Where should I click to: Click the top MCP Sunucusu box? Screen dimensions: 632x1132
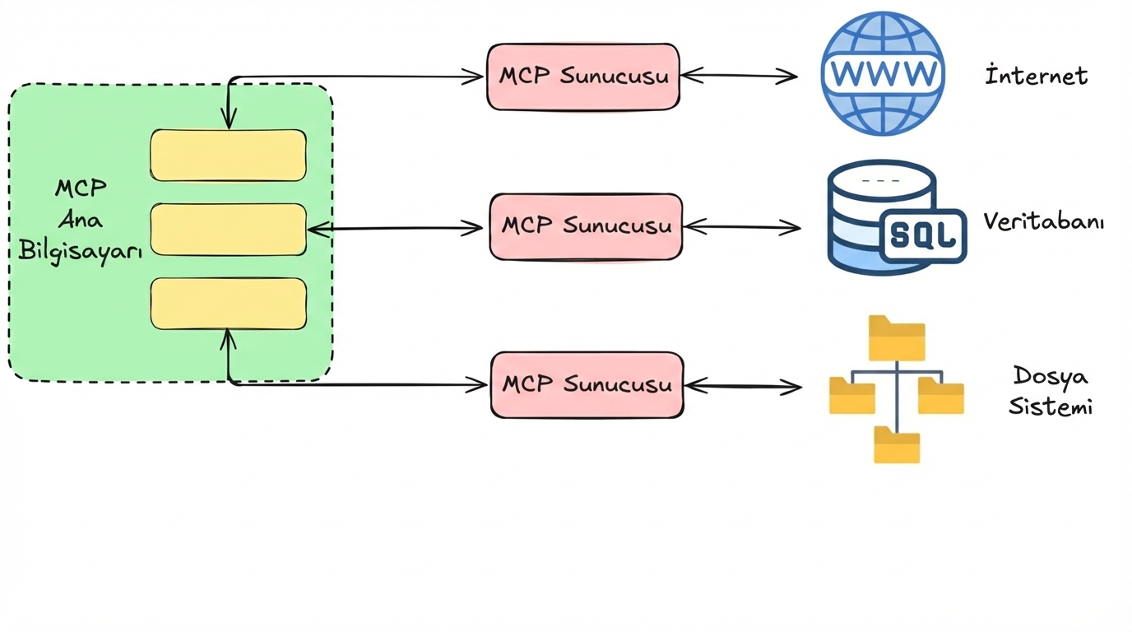[x=583, y=77]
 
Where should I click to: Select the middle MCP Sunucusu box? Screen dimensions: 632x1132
[x=586, y=227]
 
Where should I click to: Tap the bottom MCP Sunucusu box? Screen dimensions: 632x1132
[x=587, y=385]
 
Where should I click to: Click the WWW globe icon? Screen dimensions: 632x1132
[x=883, y=73]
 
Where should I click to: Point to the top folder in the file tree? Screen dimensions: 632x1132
[x=897, y=338]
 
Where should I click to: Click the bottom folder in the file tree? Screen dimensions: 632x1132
[x=897, y=445]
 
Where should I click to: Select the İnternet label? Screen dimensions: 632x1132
[x=1037, y=77]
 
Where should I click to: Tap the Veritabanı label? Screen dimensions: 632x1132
[x=1043, y=222]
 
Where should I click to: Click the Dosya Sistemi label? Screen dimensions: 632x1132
[x=1050, y=392]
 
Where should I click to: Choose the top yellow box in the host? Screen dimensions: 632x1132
[x=228, y=156]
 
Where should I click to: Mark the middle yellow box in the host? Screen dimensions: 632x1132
[x=228, y=230]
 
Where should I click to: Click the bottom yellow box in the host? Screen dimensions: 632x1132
[x=228, y=304]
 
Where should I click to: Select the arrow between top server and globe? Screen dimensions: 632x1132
[x=739, y=76]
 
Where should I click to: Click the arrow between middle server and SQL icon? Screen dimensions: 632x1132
[x=741, y=227]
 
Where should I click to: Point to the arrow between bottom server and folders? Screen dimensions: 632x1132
[x=743, y=386]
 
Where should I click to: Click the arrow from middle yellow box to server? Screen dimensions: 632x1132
[x=395, y=229]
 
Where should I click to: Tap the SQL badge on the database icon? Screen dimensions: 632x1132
[x=923, y=236]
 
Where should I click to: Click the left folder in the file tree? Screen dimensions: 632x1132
[x=851, y=396]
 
